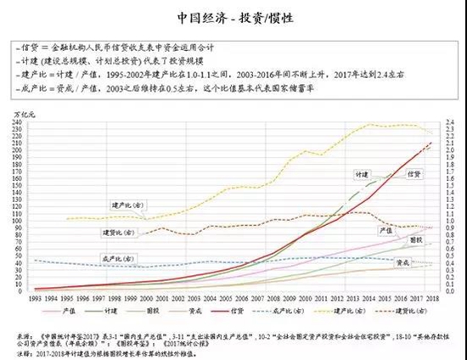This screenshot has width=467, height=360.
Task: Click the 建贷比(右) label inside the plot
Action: [114, 231]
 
